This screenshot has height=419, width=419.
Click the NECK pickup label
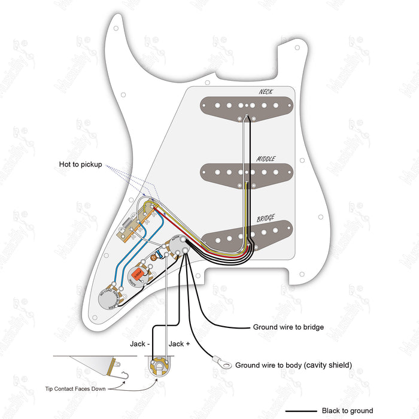pos(265,92)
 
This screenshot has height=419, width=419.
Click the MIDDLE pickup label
pos(266,159)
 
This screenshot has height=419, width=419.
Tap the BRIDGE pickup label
pos(266,218)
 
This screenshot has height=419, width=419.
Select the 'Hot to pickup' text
pos(80,164)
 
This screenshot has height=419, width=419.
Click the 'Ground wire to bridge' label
pos(288,327)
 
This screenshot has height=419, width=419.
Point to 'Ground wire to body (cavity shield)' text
pos(293,365)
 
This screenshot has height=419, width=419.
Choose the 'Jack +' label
pos(179,344)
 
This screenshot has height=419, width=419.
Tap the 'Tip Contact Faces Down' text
pos(75,388)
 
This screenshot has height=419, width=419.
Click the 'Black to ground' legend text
pos(347,411)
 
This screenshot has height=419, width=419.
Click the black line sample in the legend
pos(300,411)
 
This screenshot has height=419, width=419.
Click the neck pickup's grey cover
pos(248,105)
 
